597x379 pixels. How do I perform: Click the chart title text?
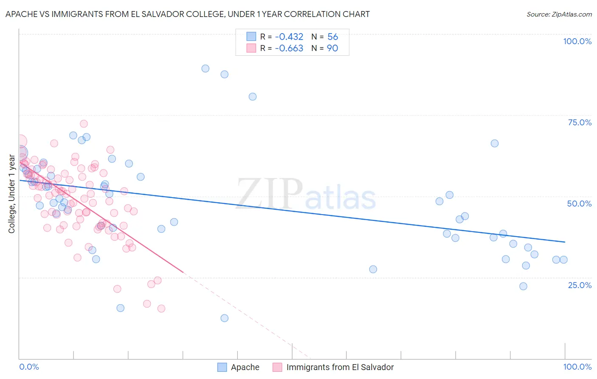[x=187, y=14]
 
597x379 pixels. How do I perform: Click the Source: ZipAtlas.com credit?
[x=559, y=14]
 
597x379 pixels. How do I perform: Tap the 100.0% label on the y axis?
[x=577, y=41]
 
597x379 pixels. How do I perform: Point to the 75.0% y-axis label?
[x=580, y=122]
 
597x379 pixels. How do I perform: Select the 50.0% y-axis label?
[x=579, y=204]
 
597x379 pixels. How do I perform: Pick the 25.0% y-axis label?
[x=580, y=285]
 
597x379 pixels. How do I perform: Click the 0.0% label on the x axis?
[x=29, y=367]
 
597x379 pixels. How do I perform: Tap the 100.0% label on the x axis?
[x=577, y=367]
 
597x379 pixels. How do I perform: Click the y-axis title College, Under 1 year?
[x=12, y=194]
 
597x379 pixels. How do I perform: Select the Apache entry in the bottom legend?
[x=245, y=367]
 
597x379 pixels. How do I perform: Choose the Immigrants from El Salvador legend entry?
[x=340, y=367]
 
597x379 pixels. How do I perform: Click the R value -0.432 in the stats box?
[x=289, y=37]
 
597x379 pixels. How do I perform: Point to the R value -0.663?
[x=289, y=48]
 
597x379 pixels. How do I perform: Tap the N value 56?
[x=332, y=37]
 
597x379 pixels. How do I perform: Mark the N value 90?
[x=332, y=48]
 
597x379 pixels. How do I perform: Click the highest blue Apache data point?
[x=206, y=68]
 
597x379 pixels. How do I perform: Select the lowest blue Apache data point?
[x=225, y=318]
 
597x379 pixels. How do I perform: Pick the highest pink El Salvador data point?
[x=84, y=124]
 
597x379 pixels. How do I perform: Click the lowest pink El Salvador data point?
[x=161, y=308]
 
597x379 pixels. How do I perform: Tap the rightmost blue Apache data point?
[x=563, y=260]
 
